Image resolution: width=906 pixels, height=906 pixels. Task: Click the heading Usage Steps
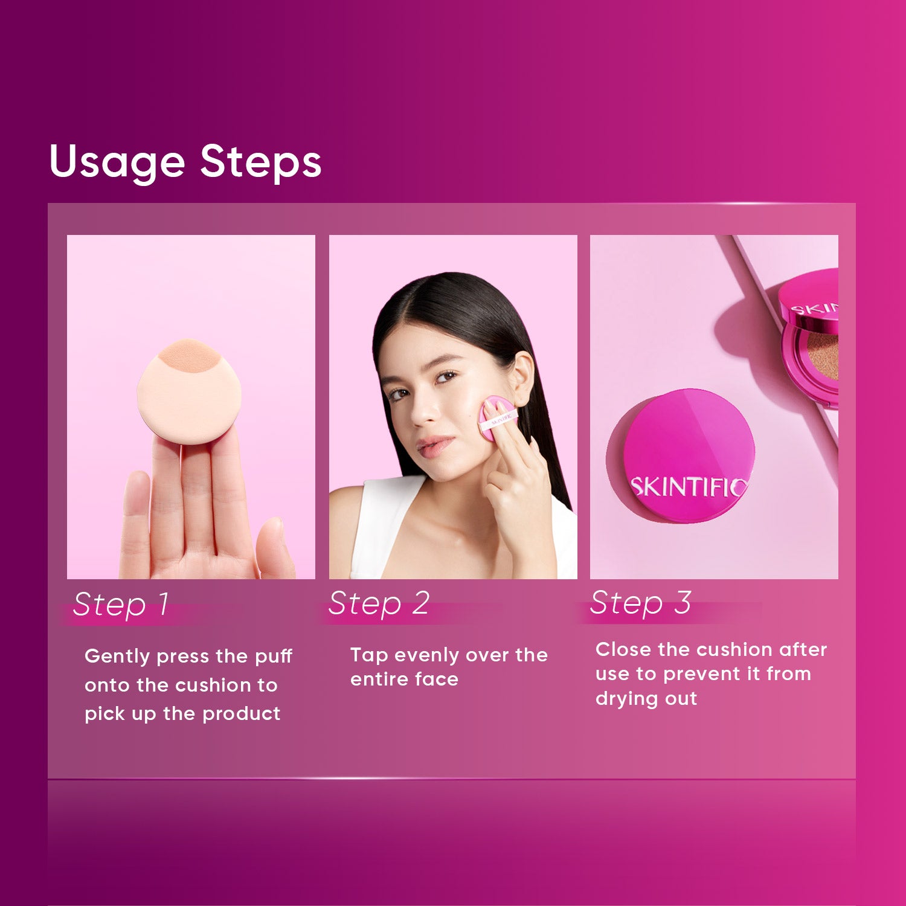point(185,162)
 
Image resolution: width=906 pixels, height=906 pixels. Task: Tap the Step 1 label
point(121,604)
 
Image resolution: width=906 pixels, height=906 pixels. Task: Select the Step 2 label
point(379,603)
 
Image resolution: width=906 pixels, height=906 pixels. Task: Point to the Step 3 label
point(641,603)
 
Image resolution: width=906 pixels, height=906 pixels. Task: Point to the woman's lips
point(434,447)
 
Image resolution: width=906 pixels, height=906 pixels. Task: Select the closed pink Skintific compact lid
point(681,456)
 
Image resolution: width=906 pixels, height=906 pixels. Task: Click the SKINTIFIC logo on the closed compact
point(689,487)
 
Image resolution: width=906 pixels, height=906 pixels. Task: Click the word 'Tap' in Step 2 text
point(369,656)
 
